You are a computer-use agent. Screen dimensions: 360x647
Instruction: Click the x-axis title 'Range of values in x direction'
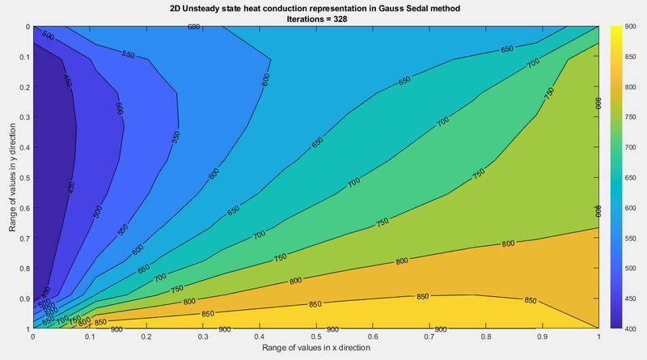point(315,348)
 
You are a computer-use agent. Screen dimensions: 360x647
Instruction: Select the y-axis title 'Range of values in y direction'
point(13,177)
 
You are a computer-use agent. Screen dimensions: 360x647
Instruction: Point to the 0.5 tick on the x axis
point(315,337)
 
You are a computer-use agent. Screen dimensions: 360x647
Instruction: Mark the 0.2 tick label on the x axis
point(146,337)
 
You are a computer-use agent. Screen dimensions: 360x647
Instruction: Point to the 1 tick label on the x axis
point(598,337)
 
